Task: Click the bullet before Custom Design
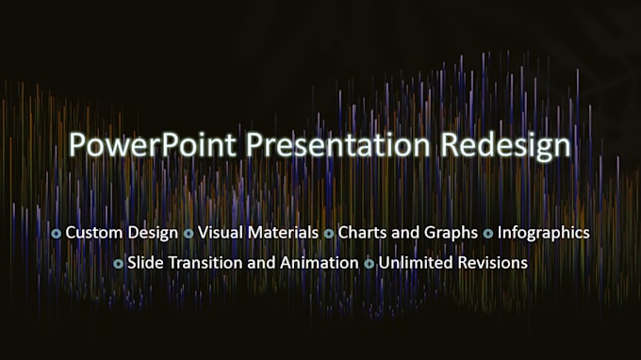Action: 57,233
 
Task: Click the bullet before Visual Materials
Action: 189,233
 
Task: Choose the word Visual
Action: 219,232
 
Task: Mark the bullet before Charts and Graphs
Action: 329,233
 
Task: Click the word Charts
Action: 362,232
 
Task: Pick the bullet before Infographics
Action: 488,233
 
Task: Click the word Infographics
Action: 544,232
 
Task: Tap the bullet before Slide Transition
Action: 118,264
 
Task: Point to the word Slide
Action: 145,263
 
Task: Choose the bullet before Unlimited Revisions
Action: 370,264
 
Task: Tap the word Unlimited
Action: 412,263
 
